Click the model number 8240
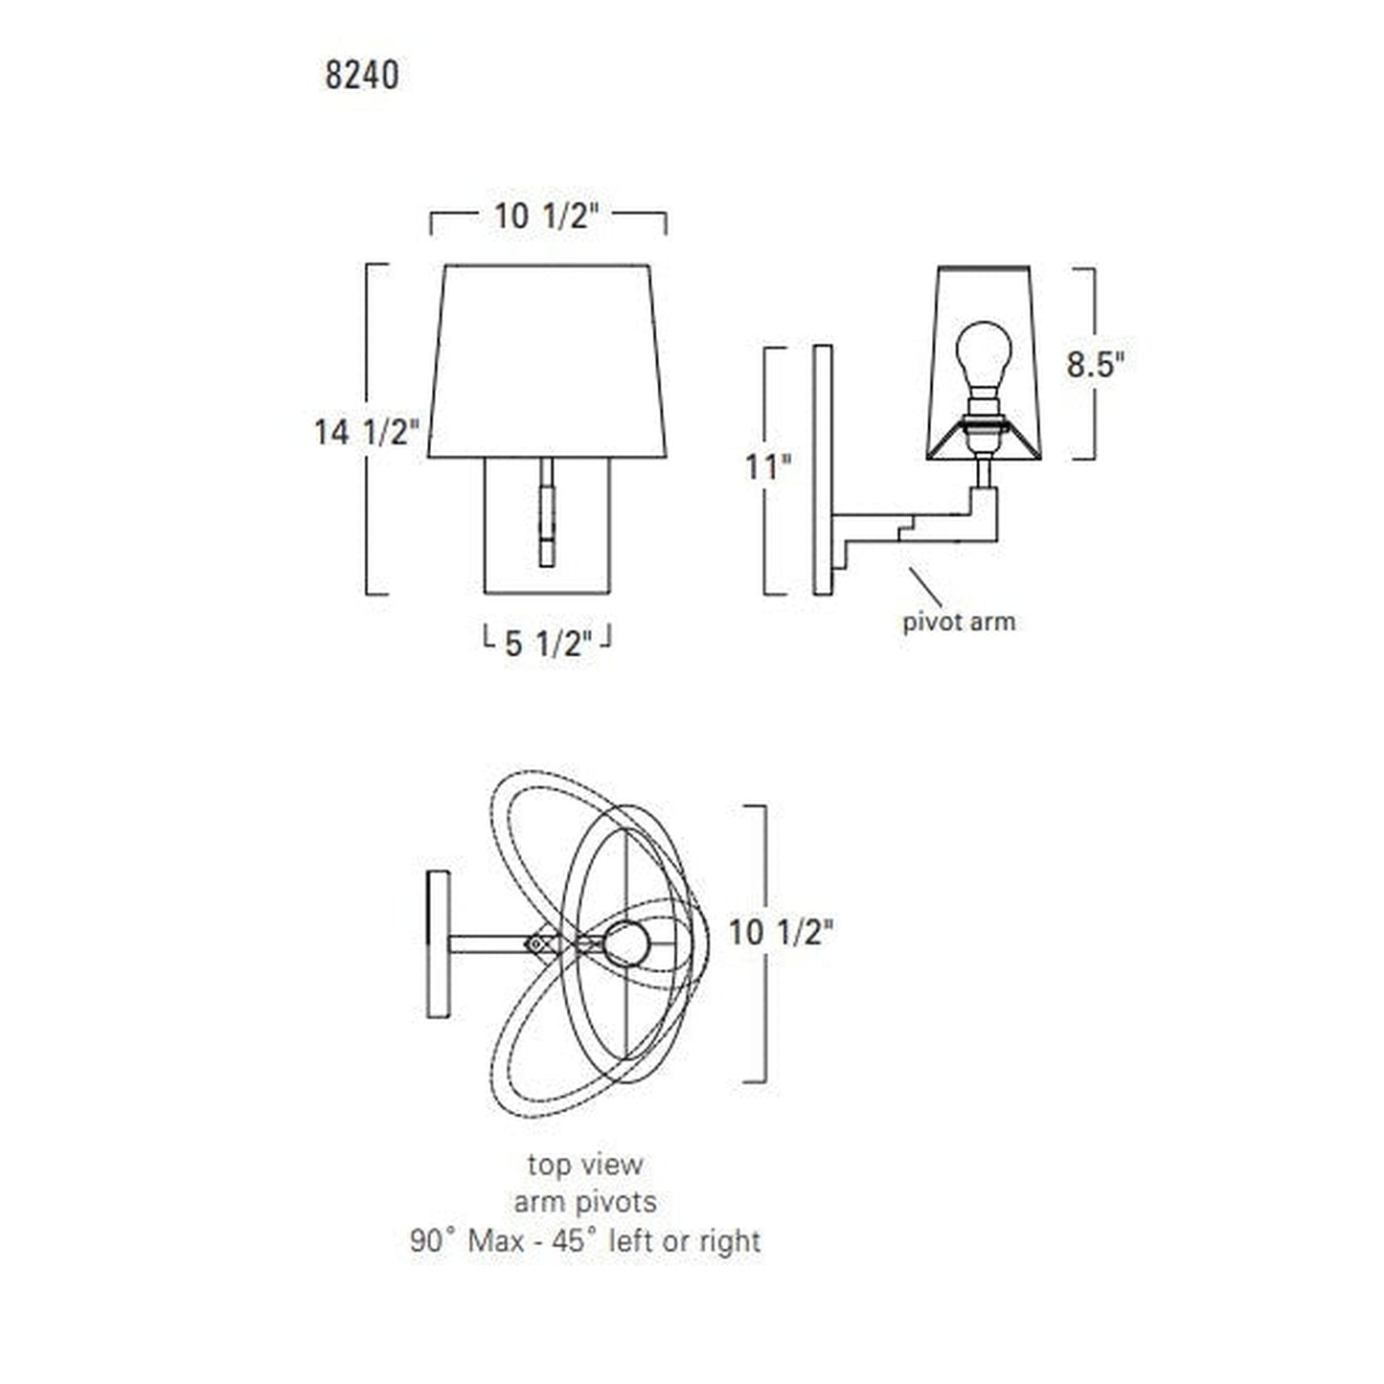[x=361, y=75]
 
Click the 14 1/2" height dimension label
[x=367, y=433]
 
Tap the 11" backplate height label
[x=769, y=468]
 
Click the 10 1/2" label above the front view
[x=546, y=217]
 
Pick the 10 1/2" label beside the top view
[x=776, y=932]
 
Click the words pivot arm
[x=959, y=622]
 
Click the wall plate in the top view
[x=438, y=943]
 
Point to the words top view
[x=584, y=1165]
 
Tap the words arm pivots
[x=584, y=1202]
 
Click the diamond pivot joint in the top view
[x=539, y=942]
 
